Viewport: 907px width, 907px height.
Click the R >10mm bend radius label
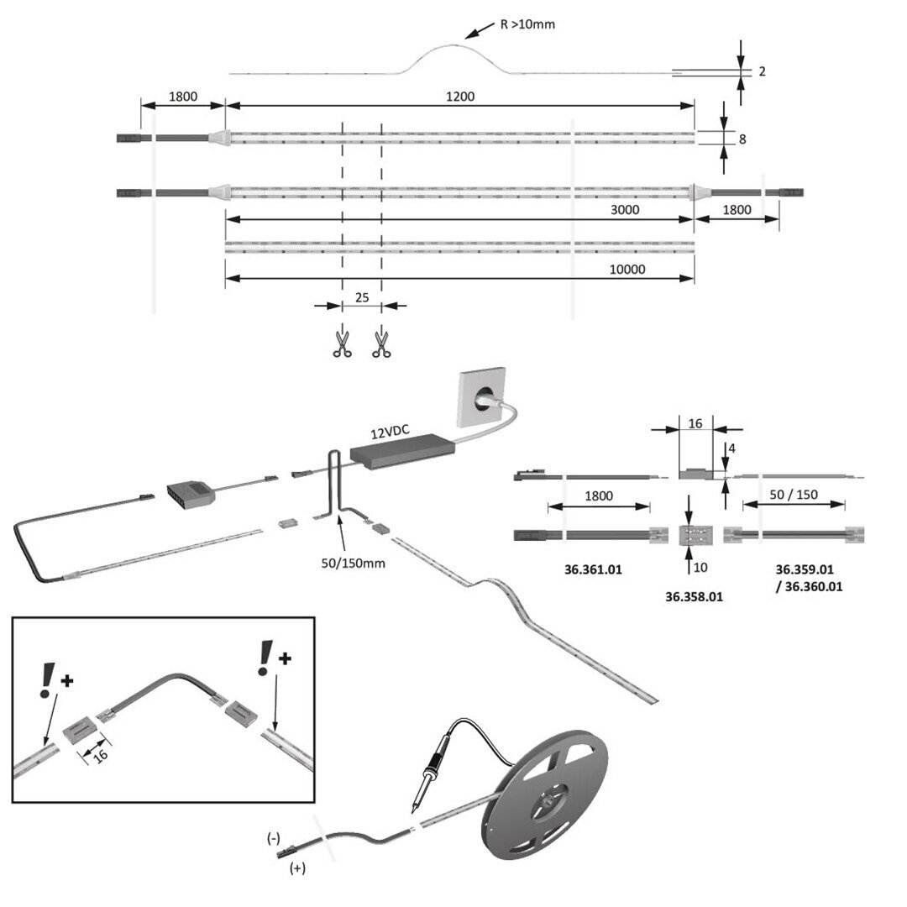click(x=527, y=24)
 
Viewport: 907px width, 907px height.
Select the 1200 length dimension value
click(x=460, y=97)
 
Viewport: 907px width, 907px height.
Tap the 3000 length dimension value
click(x=627, y=210)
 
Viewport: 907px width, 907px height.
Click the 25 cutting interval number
click(x=362, y=297)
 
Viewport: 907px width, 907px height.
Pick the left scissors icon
click(x=341, y=343)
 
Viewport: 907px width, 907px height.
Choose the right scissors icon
click(x=382, y=343)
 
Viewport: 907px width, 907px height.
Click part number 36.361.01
click(x=593, y=570)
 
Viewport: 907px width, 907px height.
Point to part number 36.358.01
click(x=694, y=597)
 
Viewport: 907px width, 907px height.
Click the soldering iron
click(x=429, y=773)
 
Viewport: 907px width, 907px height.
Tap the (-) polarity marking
click(x=274, y=838)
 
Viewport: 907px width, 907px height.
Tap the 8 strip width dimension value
click(x=742, y=139)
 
